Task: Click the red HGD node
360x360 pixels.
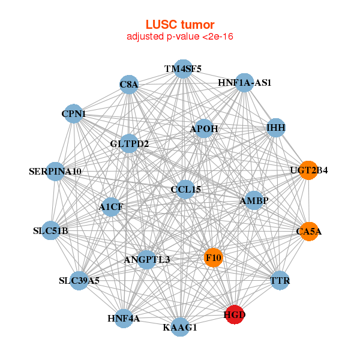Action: [235, 314]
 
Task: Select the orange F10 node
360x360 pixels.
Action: [213, 258]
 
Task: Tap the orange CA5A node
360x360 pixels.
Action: [309, 231]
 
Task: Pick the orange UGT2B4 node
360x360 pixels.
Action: [308, 170]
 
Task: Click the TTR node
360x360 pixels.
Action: [280, 280]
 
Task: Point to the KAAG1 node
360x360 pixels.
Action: [180, 327]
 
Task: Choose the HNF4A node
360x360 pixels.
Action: [124, 318]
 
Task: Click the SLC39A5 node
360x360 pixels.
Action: [79, 280]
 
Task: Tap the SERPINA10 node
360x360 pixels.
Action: [55, 172]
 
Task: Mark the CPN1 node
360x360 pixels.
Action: [74, 113]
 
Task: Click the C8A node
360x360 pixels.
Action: [129, 85]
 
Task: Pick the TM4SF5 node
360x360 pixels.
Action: [184, 69]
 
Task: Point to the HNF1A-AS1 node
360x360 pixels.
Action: [244, 82]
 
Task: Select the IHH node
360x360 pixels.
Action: [275, 128]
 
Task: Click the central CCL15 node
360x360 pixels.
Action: [185, 190]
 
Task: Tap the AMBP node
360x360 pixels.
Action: [254, 200]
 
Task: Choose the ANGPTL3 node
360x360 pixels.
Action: [147, 260]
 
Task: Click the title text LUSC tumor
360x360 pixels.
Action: [180, 25]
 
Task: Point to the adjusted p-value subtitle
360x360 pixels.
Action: [180, 37]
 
